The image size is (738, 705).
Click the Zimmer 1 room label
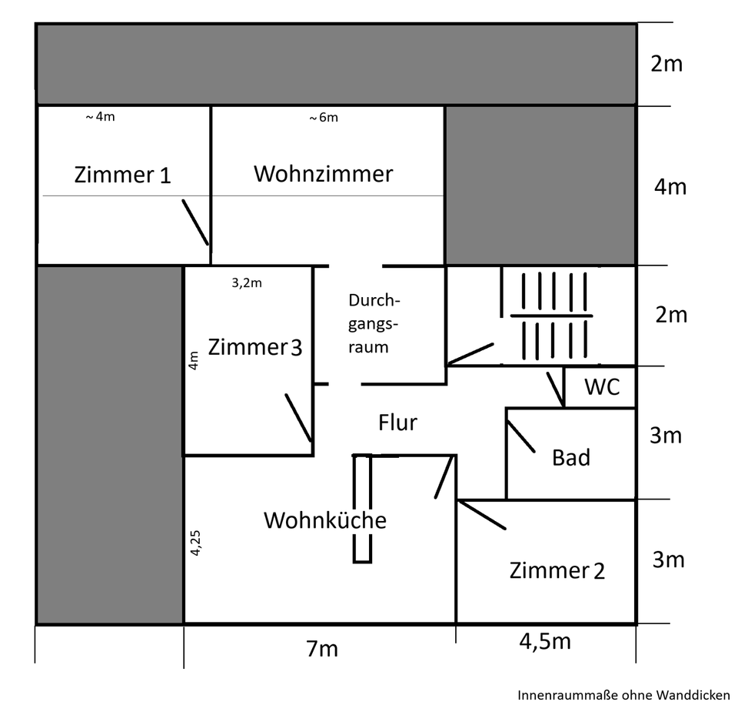pos(122,175)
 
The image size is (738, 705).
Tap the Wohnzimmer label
pos(323,173)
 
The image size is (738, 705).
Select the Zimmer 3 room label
pos(254,347)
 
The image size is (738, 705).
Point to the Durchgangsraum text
pos(374,323)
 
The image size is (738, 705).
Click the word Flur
pos(397,422)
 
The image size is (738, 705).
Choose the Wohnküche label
pos(324,520)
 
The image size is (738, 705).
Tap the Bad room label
pos(571,457)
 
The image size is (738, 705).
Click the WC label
pos(602,387)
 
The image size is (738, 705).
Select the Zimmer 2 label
pos(557,570)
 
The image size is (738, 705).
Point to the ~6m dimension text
pos(323,118)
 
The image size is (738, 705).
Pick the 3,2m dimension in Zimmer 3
pos(247,282)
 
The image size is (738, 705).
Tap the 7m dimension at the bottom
pos(321,649)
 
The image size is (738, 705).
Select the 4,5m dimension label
pos(545,641)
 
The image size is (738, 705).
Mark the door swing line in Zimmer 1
pos(194,222)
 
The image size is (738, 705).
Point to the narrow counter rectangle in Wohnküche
pos(362,508)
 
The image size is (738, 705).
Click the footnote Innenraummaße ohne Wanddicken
pos(623,694)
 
